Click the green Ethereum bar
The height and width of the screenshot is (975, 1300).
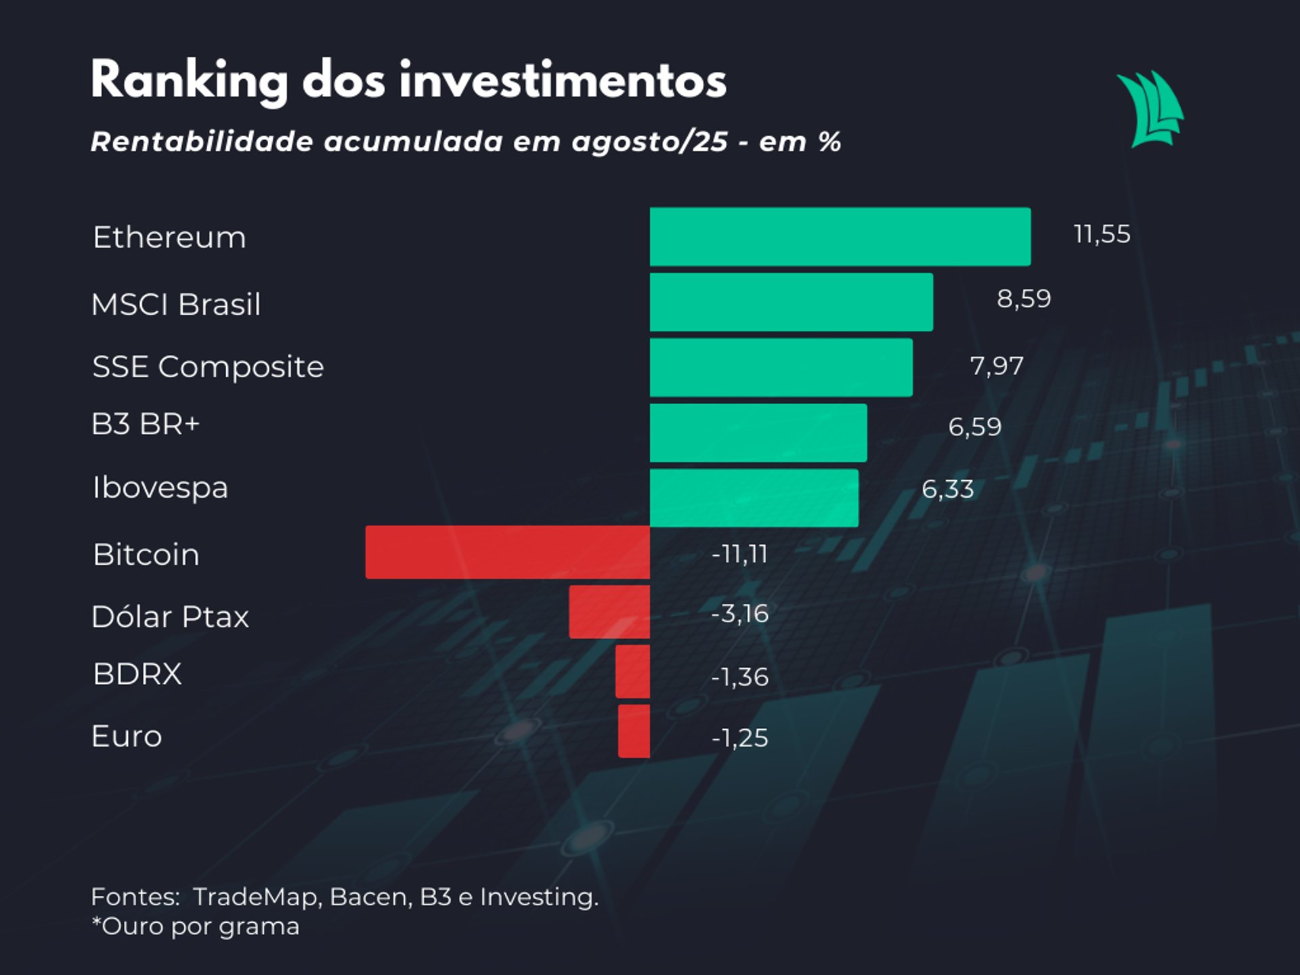pos(840,236)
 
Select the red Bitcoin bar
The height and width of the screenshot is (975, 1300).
pos(507,552)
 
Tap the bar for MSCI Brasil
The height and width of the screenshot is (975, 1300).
pos(791,302)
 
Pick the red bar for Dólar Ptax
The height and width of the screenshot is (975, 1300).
pos(609,612)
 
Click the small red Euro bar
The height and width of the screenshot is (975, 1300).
pos(634,731)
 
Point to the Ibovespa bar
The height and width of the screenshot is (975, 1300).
pos(754,498)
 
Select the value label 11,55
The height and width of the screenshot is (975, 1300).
pos(1102,234)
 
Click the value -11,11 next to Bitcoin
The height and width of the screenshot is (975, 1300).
pos(739,555)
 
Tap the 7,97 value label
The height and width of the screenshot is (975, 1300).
pos(997,366)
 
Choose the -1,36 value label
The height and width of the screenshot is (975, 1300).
pos(739,677)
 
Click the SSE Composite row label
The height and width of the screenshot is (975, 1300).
pos(208,367)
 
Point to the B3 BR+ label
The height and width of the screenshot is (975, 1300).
pos(146,425)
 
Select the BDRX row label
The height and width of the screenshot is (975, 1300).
pos(137,674)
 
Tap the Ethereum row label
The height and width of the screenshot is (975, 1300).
pos(169,238)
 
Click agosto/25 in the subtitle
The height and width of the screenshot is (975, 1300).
pos(649,142)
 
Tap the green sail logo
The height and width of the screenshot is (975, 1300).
pos(1150,109)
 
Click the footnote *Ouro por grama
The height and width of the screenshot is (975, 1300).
pos(195,926)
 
